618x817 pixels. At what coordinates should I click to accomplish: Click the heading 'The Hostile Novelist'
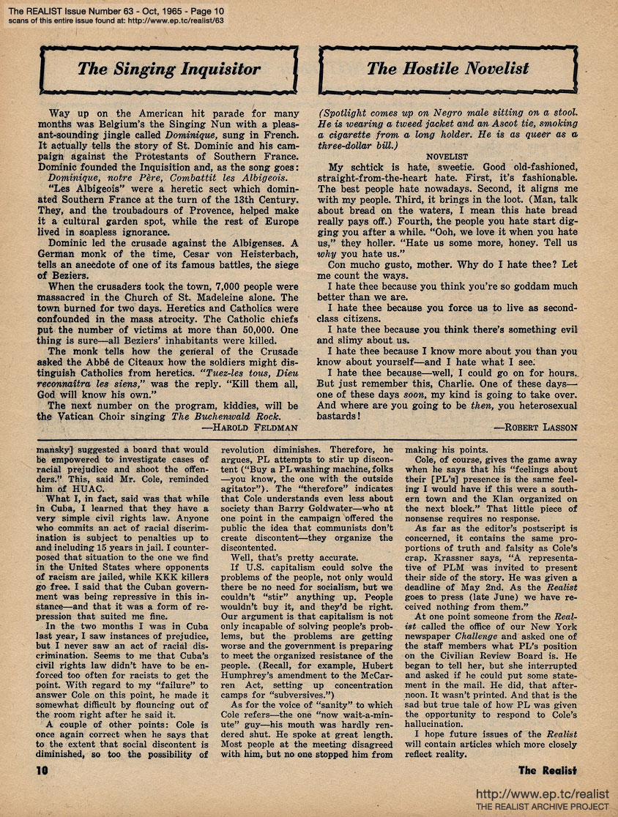click(x=447, y=70)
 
